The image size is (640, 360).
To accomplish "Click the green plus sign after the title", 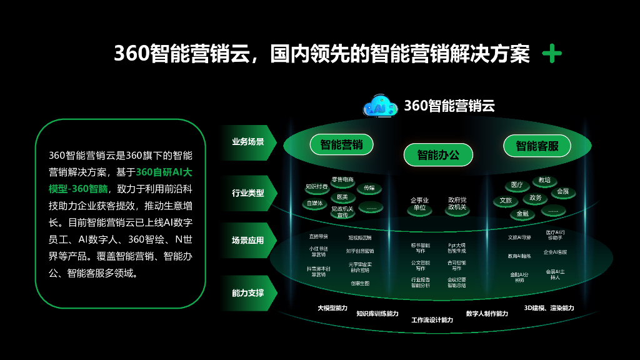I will point(552,54).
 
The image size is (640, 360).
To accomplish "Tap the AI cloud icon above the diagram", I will point(380,106).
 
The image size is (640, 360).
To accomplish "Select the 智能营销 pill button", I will point(341,145).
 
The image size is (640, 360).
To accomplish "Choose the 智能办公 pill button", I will point(437,154).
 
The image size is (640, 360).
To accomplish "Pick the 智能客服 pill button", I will point(537,146).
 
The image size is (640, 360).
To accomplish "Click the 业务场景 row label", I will point(248,142).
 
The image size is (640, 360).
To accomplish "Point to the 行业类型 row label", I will point(248,193).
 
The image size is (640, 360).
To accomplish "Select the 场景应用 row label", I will point(248,241).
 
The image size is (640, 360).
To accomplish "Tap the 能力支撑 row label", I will point(248,292).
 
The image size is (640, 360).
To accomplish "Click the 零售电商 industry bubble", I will point(342,179).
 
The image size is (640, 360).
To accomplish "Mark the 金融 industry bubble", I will point(522,214).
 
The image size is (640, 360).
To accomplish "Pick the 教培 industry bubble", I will point(544,180).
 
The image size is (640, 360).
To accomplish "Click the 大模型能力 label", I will point(332,308).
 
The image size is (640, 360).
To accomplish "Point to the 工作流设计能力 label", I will point(432,320).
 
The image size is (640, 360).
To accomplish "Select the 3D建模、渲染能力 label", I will point(549,308).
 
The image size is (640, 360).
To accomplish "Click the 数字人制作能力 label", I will point(487,313).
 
